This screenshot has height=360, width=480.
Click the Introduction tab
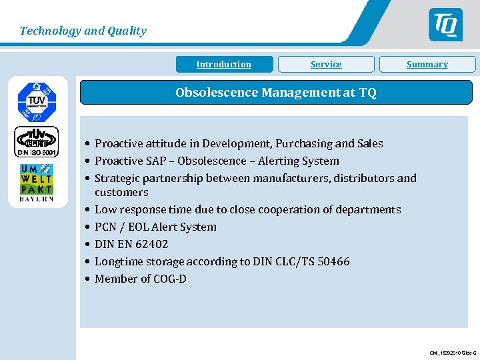pyautogui.click(x=224, y=65)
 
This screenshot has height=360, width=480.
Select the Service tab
pyautogui.click(x=326, y=65)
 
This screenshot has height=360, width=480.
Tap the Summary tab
pyautogui.click(x=427, y=65)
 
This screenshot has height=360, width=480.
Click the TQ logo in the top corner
pyautogui.click(x=445, y=25)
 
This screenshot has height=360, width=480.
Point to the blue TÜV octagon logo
pyautogui.click(x=37, y=100)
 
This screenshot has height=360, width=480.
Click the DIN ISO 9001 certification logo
pyautogui.click(x=37, y=141)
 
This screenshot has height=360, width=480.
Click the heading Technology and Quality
pyautogui.click(x=83, y=31)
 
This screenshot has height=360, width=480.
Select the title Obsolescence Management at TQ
pyautogui.click(x=275, y=93)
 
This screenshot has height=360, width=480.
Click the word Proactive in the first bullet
pyautogui.click(x=117, y=143)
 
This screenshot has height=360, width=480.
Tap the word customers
pyautogui.click(x=121, y=192)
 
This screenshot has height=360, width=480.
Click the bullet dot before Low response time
pyautogui.click(x=87, y=209)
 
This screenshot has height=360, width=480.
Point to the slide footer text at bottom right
pyautogui.click(x=452, y=353)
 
